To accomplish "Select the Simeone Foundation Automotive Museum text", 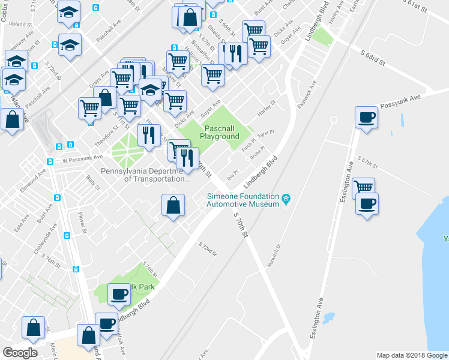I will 243,200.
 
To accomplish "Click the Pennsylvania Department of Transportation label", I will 144,175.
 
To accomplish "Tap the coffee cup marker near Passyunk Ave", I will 366,118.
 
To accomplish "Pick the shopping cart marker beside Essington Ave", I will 364,188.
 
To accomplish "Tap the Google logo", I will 20,352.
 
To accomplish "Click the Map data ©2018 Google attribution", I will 411,355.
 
